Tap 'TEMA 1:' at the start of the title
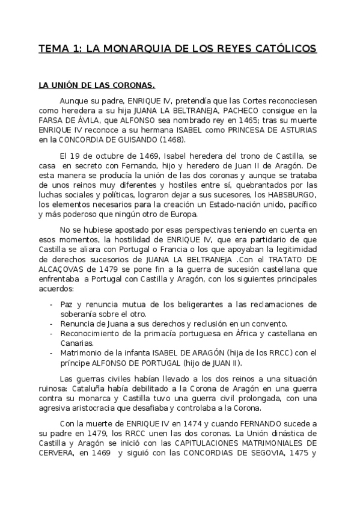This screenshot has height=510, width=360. (58, 48)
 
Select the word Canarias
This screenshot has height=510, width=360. (77, 343)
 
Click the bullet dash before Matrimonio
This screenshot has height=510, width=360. (52, 352)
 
